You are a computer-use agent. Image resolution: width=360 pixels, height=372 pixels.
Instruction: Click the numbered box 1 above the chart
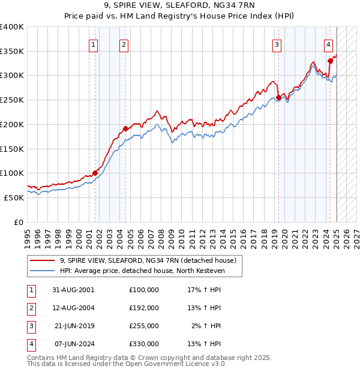click(94, 44)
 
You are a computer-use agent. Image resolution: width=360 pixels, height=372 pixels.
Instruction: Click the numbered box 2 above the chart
click(124, 44)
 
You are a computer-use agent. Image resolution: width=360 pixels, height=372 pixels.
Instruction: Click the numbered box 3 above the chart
click(277, 44)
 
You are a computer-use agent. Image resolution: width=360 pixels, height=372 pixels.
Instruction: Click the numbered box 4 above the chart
click(329, 44)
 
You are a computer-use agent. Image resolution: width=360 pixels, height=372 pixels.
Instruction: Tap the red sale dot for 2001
click(95, 173)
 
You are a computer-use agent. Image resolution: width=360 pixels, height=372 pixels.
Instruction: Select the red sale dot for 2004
click(125, 128)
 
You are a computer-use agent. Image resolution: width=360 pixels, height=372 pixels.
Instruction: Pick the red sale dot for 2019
click(278, 97)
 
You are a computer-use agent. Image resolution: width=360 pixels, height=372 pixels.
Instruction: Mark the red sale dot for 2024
click(331, 60)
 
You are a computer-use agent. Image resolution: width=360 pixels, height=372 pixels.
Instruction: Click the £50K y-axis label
click(14, 197)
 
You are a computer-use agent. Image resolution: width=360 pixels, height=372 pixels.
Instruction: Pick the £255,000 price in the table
click(144, 326)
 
